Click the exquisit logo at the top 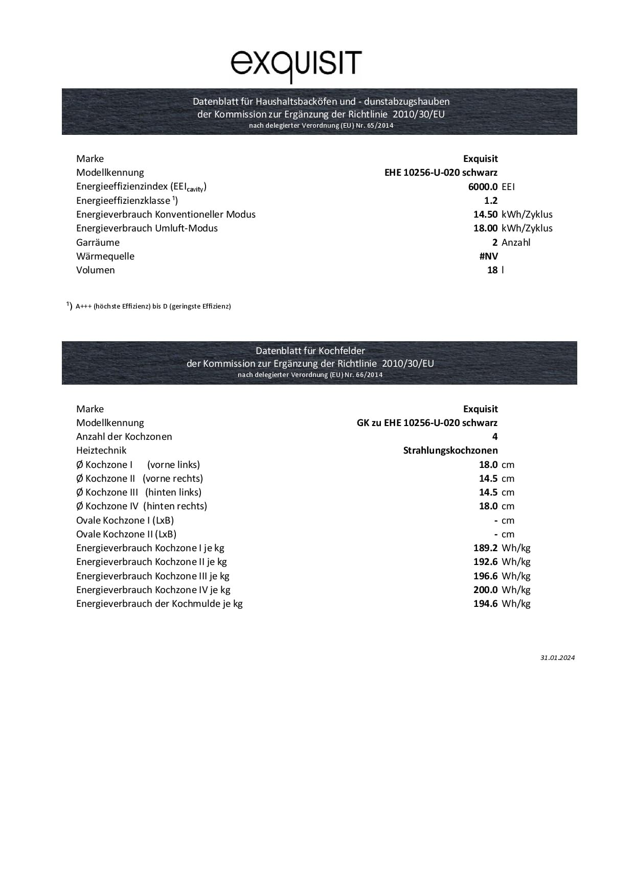tap(296, 65)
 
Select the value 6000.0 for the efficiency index tap(483, 186)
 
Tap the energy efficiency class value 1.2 tap(490, 200)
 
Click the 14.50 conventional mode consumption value tap(485, 214)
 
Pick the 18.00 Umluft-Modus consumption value tap(485, 228)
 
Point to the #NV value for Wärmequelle tap(488, 256)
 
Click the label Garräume tap(98, 242)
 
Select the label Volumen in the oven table tap(95, 270)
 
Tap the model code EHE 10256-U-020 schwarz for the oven tap(441, 172)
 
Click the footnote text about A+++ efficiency tap(153, 306)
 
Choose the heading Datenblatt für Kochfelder tap(310, 350)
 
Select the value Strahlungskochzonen tap(450, 450)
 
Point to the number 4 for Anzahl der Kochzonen tap(494, 436)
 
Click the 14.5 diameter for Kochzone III tap(488, 492)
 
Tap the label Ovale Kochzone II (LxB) tap(126, 534)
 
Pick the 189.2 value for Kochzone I tap(485, 548)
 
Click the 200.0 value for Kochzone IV tap(485, 590)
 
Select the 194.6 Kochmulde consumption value tap(485, 603)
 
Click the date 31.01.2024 tap(557, 657)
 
